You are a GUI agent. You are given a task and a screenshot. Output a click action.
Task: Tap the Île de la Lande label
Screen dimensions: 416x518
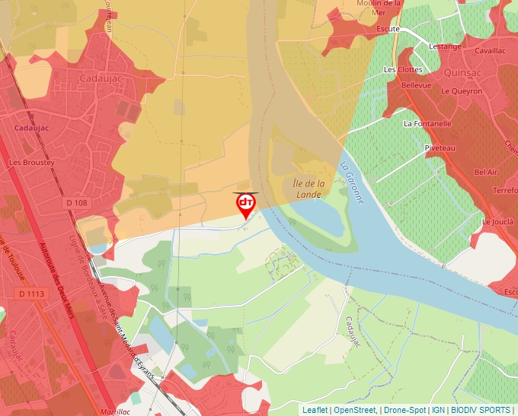pyautogui.click(x=309, y=189)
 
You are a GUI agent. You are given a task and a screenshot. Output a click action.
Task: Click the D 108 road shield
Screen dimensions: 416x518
pyautogui.click(x=77, y=203)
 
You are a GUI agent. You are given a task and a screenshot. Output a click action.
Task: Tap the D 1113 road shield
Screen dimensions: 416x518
pyautogui.click(x=31, y=294)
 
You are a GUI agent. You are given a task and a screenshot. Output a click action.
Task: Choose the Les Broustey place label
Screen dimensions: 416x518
pyautogui.click(x=31, y=163)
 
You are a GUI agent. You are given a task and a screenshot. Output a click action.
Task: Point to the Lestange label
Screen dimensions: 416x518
pyautogui.click(x=445, y=46)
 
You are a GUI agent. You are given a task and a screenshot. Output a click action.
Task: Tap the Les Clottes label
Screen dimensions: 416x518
pyautogui.click(x=403, y=69)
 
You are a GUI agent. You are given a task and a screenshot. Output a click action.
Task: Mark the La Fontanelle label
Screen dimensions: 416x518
pyautogui.click(x=427, y=123)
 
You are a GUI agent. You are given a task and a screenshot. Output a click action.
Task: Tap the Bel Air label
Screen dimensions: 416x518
pyautogui.click(x=485, y=173)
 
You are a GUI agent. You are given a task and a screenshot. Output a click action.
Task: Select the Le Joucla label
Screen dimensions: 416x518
pyautogui.click(x=497, y=222)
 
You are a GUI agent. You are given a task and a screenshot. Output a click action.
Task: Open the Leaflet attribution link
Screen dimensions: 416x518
pyautogui.click(x=315, y=410)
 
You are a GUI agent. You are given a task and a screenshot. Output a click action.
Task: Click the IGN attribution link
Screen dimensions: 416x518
pyautogui.click(x=438, y=410)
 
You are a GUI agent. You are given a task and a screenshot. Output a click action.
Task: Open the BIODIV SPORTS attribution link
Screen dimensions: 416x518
pyautogui.click(x=481, y=410)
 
